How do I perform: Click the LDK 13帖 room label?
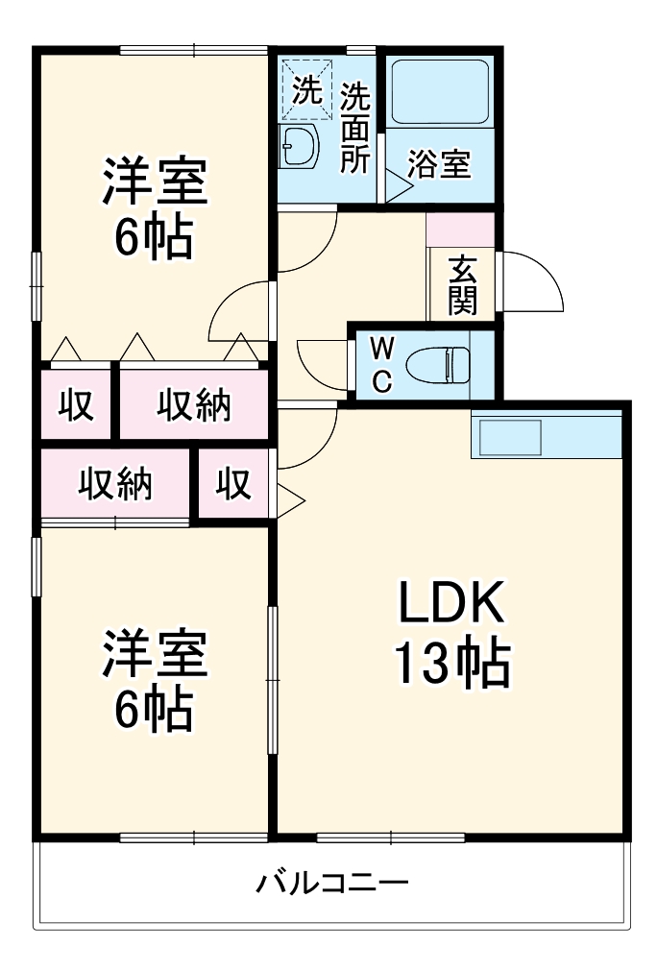point(451,634)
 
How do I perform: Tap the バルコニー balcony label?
point(333,882)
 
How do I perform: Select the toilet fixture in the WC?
point(437,365)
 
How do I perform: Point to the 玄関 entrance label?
point(462,285)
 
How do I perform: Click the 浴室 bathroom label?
point(439,164)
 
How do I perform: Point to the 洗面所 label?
point(355,128)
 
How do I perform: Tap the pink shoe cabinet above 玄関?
point(460,230)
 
